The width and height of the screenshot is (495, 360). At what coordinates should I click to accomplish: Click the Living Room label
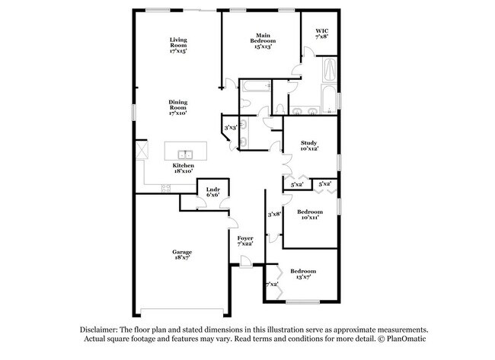pos(178,45)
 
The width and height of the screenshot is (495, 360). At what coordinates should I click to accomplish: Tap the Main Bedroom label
pos(263,40)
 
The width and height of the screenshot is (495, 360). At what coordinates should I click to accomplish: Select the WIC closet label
pos(322,33)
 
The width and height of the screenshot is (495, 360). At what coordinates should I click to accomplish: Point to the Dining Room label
pos(178,107)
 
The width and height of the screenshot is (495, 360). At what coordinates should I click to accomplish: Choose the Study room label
pos(308,145)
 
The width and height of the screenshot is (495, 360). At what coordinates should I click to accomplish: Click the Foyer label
pos(245,240)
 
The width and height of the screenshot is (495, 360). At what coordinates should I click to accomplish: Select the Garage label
pos(181,254)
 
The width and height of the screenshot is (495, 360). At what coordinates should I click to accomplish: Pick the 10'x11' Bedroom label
pos(308,214)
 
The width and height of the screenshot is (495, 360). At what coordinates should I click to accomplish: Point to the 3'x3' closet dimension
pos(230,127)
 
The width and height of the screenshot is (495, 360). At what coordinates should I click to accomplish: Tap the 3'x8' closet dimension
pos(275,214)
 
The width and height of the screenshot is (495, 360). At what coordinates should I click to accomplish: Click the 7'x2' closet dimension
pos(272,284)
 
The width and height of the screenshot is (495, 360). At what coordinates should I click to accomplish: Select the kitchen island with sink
pos(187,148)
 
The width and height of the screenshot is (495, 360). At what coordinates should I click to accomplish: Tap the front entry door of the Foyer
pos(244,263)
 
